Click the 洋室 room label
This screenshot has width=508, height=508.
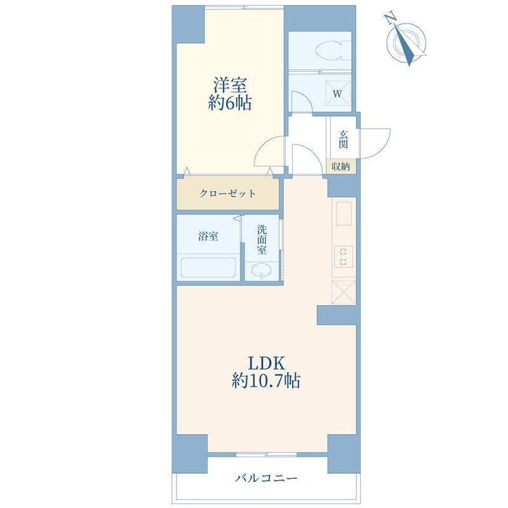point(230,85)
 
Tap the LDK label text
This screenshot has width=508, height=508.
point(266,363)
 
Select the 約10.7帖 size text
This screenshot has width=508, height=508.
point(266,380)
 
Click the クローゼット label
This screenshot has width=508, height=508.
point(227,194)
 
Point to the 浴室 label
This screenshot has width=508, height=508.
point(208,236)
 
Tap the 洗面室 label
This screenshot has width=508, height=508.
point(262,240)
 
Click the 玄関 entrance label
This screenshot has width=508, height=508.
point(344,139)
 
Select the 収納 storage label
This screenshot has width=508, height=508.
point(340,166)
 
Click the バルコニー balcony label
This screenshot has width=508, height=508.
point(266,478)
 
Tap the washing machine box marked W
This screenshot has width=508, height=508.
point(338,93)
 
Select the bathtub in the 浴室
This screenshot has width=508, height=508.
point(208,267)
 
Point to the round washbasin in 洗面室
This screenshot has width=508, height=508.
point(262,270)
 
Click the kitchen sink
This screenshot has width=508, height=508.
point(344,213)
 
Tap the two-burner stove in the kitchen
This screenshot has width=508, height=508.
point(344,257)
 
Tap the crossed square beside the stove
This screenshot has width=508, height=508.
point(344,292)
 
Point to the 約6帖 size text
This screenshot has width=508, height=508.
point(230,103)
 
